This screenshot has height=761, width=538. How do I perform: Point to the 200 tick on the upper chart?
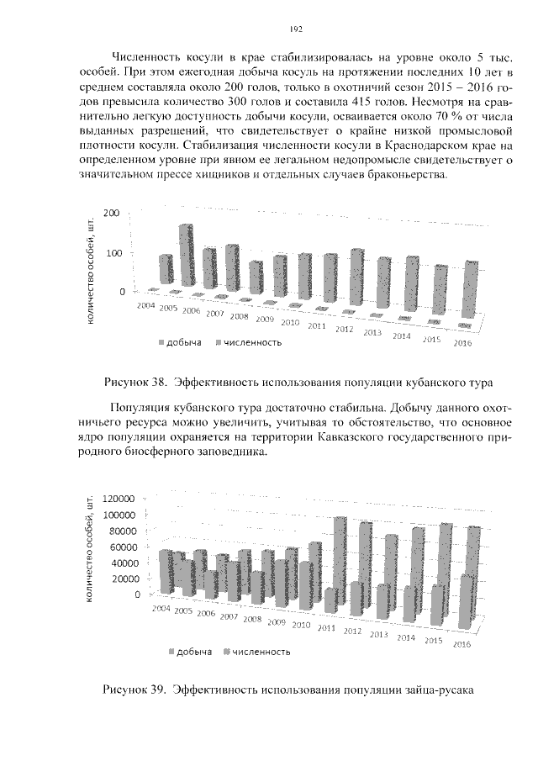pyautogui.click(x=112, y=214)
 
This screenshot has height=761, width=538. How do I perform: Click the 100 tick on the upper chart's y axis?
pyautogui.click(x=112, y=253)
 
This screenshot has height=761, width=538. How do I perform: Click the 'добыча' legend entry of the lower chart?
pyautogui.click(x=193, y=652)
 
